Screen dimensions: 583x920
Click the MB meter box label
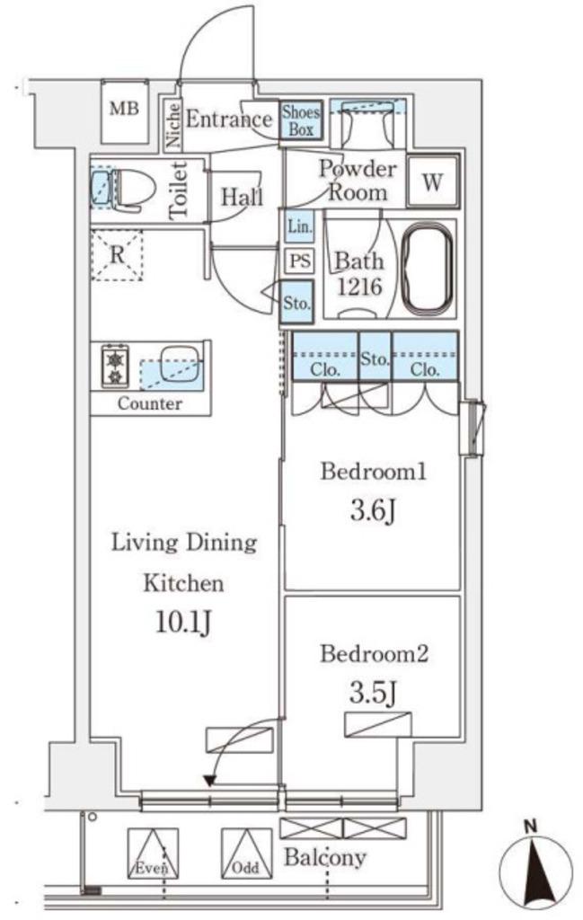[125, 109]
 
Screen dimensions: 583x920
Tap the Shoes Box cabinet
[301, 120]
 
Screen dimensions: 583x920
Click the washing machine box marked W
[433, 181]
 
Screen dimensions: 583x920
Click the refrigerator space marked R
[118, 255]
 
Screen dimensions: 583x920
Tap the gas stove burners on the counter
[115, 367]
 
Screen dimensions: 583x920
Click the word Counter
[149, 403]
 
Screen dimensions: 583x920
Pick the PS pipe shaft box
[300, 260]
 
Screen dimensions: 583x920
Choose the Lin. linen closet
[300, 226]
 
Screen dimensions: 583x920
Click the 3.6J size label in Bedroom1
[373, 511]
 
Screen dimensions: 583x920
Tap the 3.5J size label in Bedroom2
[374, 694]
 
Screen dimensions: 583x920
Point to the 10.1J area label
[183, 623]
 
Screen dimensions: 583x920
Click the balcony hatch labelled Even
[153, 854]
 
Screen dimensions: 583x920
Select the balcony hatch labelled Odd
[246, 854]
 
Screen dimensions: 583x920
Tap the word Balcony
[325, 858]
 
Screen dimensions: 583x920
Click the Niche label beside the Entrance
[172, 125]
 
